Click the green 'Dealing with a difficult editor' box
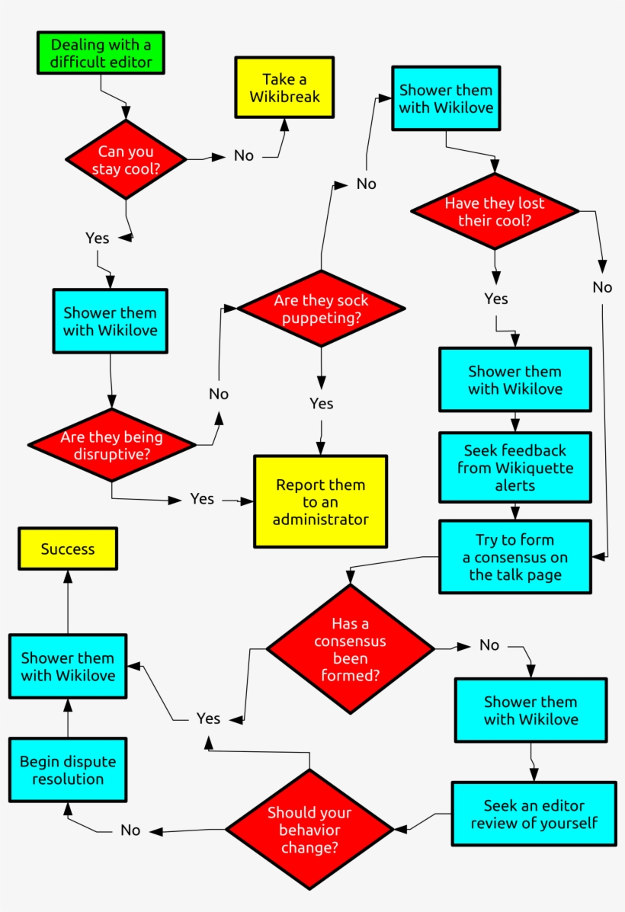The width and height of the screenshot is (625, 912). [x=100, y=53]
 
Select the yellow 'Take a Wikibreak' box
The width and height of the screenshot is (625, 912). [x=284, y=88]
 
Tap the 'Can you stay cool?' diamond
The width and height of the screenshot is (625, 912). [x=126, y=160]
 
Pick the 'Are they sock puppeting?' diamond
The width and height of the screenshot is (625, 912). [x=321, y=309]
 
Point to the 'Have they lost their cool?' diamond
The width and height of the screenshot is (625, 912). [x=495, y=211]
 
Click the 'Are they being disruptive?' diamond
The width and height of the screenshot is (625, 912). [x=111, y=445]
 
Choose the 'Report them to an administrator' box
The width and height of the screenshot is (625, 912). [x=320, y=501]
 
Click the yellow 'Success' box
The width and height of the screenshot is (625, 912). [x=68, y=549]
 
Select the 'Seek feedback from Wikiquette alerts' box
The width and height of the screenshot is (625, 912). [x=514, y=468]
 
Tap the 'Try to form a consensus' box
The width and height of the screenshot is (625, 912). [x=514, y=556]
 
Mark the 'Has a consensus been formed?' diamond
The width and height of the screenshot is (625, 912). [x=350, y=649]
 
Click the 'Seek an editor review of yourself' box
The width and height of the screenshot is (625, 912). [x=534, y=814]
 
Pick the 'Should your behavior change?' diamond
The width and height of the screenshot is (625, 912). [x=309, y=830]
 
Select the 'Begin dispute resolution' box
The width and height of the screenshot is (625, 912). [x=68, y=770]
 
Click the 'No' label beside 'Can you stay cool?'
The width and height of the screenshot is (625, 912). [x=244, y=155]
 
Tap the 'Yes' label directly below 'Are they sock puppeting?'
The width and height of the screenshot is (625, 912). [x=321, y=403]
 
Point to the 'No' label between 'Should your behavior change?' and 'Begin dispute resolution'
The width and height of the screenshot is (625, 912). [x=130, y=830]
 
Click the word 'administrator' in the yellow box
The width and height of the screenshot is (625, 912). [x=320, y=520]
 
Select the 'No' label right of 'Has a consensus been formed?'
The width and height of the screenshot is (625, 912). [x=489, y=645]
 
